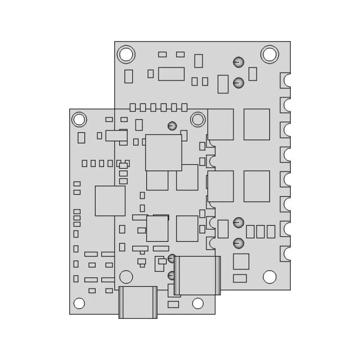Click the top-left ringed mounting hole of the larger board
126,54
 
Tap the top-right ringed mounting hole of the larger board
270,54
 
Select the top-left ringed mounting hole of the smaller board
79,119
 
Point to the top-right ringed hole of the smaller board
197,119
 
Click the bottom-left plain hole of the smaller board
79,304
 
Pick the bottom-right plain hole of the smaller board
197,304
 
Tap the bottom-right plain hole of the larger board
269,277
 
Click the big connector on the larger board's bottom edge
197,275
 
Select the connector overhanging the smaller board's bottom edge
137,302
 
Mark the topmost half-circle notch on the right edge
288,79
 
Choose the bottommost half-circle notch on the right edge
288,254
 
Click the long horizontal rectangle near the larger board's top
172,74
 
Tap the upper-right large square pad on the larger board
256,124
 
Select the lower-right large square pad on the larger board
256,186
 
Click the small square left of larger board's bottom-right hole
241,262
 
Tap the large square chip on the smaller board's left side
110,201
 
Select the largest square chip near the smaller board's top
164,152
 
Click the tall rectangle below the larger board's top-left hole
129,76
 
